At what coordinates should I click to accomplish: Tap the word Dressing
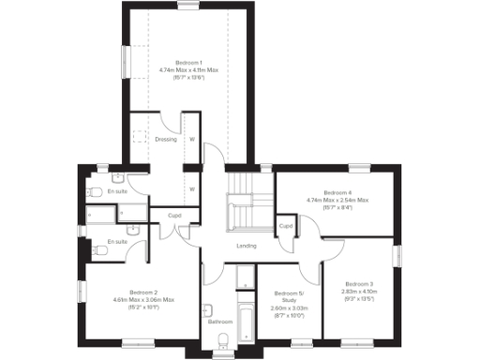click(x=166, y=140)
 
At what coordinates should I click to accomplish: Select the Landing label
click(x=247, y=246)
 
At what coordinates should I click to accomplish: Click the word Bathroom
click(x=220, y=322)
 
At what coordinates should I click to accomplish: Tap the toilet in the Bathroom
click(x=209, y=311)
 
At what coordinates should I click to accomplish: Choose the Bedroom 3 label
click(x=359, y=283)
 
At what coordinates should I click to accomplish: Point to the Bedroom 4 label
click(x=337, y=192)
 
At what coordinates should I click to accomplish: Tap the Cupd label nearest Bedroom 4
click(x=286, y=226)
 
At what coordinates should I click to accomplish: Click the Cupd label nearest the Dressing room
click(x=174, y=216)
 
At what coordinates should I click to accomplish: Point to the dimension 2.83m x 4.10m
click(x=359, y=291)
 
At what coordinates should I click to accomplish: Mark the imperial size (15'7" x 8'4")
click(x=337, y=206)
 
